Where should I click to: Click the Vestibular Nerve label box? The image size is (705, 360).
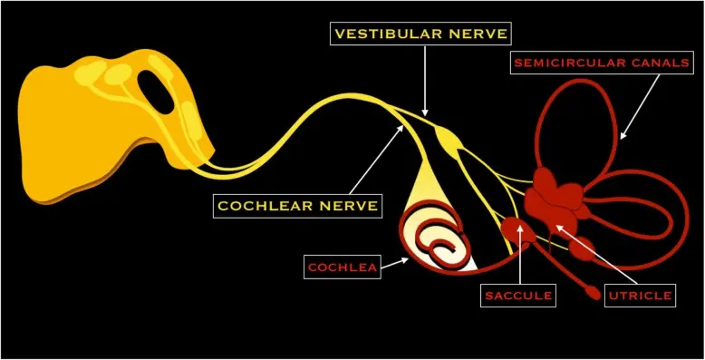click(420, 34)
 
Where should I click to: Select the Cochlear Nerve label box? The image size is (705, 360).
click(297, 206)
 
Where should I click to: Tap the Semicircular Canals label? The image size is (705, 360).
click(602, 63)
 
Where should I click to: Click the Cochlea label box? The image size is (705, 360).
click(343, 267)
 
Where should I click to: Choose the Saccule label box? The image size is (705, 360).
click(518, 296)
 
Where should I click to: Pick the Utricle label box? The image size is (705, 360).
click(640, 296)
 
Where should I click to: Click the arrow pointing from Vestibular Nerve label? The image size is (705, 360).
click(425, 81)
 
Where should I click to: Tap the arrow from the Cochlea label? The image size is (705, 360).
click(395, 263)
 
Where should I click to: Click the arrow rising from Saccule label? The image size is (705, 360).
click(520, 254)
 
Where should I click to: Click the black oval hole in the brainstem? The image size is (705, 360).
click(155, 92)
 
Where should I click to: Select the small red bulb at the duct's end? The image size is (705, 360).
click(594, 294)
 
